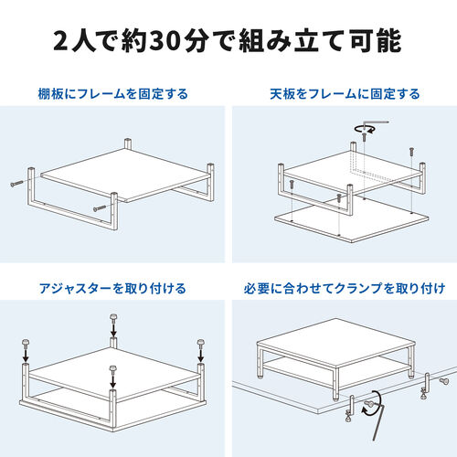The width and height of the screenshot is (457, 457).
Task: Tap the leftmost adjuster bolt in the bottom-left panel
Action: (25, 348)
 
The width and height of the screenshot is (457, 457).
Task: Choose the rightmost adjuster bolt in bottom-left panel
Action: (200, 347)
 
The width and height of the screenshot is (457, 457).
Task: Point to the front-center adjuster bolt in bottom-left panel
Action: (112, 374)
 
